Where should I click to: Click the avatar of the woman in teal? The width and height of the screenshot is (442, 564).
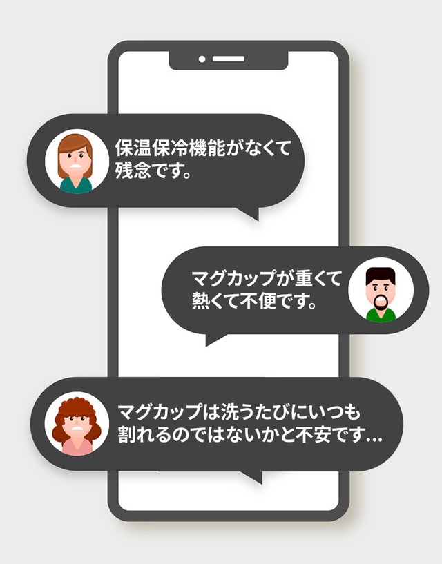[77, 161]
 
